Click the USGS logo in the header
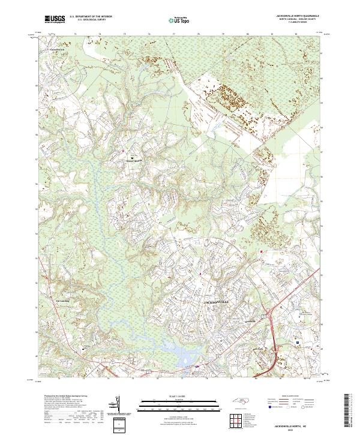click(55, 19)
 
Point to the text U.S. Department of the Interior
click(91, 17)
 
